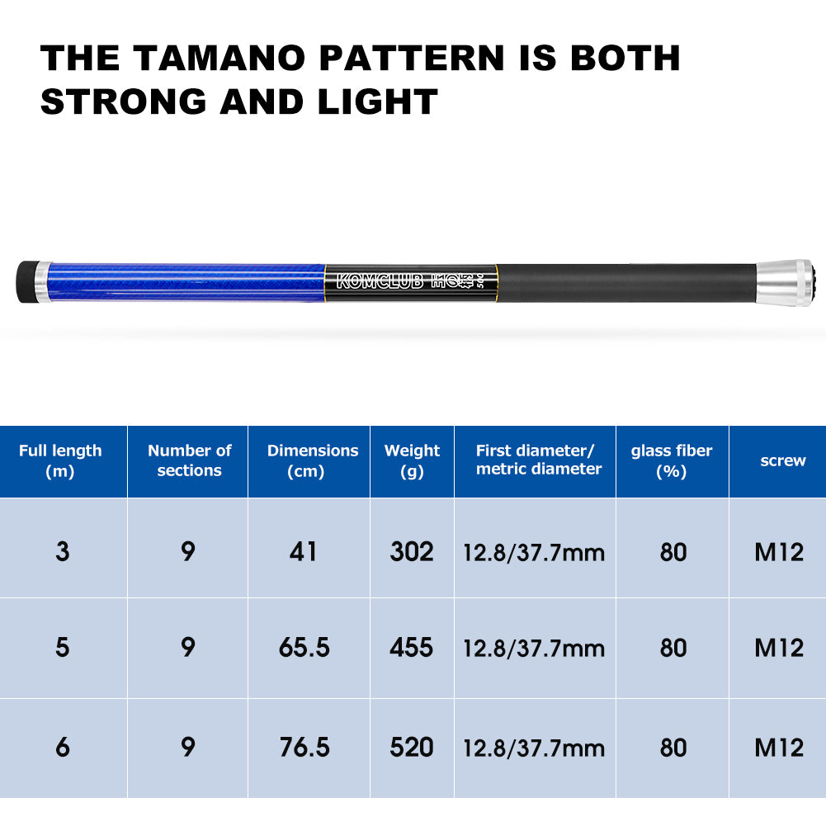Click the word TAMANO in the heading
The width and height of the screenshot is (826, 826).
[x=219, y=58]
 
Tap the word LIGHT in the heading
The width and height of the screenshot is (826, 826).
[x=378, y=101]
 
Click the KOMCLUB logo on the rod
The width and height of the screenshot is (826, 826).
[x=380, y=282]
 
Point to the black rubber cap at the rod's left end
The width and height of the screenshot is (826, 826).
[x=26, y=282]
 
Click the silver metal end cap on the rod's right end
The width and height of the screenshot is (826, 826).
[x=784, y=283]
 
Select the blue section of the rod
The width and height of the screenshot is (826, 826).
[x=186, y=282]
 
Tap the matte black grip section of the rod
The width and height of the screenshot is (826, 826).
[x=627, y=283]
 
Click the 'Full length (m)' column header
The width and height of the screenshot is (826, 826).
[x=60, y=460]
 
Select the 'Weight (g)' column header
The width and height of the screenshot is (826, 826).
[x=412, y=460]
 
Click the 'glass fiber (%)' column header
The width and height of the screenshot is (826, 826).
[x=672, y=460]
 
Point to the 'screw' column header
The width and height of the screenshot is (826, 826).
[x=783, y=460]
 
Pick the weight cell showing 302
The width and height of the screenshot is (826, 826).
[x=412, y=551]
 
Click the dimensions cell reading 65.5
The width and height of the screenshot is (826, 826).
[x=304, y=648]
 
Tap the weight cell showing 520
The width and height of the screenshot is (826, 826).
[x=412, y=747]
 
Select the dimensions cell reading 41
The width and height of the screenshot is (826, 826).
[x=304, y=551]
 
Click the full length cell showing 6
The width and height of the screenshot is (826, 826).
[x=63, y=747]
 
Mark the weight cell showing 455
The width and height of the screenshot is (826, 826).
[x=412, y=648]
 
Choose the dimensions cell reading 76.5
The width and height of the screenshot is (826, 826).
[x=304, y=747]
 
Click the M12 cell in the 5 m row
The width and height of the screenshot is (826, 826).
[x=779, y=648]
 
